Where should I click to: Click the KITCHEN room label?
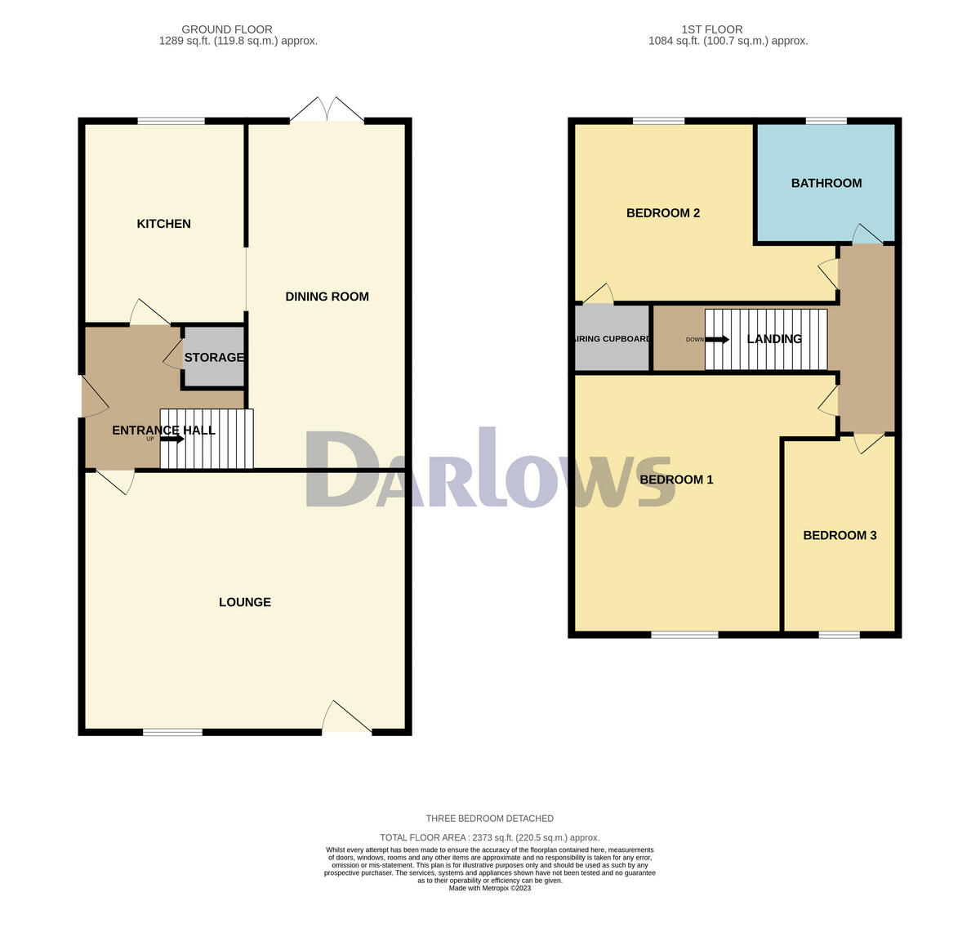pos(163,224)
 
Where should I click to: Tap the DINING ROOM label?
pos(327,297)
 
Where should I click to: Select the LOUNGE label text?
pos(244,602)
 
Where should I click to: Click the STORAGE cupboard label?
pos(213,358)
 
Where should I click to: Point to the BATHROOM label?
pos(826,183)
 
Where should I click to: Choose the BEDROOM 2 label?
pos(662,213)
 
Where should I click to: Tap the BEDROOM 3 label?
pos(840,535)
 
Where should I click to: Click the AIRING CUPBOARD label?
pos(612,339)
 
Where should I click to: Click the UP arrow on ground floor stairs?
pos(171,439)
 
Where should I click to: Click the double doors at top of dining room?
pos(327,111)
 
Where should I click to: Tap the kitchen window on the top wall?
pos(171,121)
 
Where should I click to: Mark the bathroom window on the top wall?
pos(826,121)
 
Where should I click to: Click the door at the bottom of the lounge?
pos(346,719)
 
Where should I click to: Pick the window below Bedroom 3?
pos(839,635)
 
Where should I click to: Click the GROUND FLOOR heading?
pos(227,29)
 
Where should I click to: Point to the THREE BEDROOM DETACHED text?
pos(489,819)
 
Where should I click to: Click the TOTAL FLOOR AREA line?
pos(489,837)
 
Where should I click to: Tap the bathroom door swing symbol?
pos(866,234)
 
